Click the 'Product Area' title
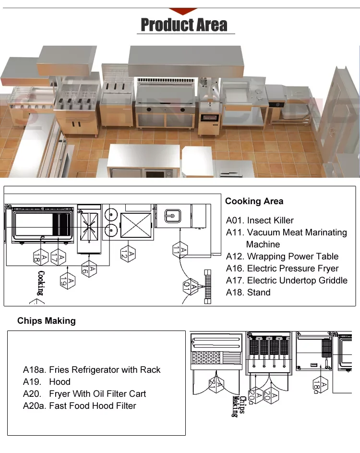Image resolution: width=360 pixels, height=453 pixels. click(x=184, y=24)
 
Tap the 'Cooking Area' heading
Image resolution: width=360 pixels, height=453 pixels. click(x=254, y=201)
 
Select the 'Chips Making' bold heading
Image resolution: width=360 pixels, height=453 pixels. click(x=47, y=320)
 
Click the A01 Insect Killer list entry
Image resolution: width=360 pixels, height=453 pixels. click(x=260, y=220)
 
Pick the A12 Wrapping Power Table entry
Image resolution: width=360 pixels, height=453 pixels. click(x=282, y=257)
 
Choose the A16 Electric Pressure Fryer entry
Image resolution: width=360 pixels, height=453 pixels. click(x=282, y=269)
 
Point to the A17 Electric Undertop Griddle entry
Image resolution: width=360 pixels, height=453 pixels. click(x=287, y=281)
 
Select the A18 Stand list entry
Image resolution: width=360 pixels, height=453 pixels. click(x=248, y=293)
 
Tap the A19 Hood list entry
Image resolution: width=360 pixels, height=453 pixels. click(x=47, y=382)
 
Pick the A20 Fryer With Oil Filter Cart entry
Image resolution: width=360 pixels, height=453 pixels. click(x=84, y=394)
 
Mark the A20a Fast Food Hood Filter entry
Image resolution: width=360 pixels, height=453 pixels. click(x=80, y=406)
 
